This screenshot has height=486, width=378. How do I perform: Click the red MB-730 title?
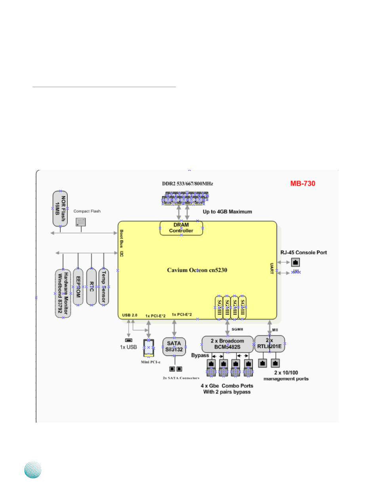pos(303,184)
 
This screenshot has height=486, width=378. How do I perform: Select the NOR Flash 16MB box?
pos(60,208)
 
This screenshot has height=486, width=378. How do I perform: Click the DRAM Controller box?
pos(181,228)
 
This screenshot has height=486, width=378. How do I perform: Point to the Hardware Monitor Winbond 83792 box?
pos(63,294)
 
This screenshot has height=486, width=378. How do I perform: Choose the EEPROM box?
pos(78,287)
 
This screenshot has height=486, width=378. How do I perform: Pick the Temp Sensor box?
pos(104,287)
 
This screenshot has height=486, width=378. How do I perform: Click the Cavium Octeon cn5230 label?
pos(197,270)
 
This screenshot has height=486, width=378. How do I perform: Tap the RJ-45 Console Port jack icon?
pos(295,262)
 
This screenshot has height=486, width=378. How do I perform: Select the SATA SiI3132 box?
pos(174,347)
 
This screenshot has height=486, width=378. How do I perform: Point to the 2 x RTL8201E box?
pos(269,343)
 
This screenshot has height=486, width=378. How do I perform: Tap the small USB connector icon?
pos(128,340)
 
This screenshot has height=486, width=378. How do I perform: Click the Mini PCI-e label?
pos(149,362)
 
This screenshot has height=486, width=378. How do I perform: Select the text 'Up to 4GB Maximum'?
pos(227,212)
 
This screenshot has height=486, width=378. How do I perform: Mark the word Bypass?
pos(200,355)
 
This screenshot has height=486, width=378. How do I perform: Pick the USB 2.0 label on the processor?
pos(130,315)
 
